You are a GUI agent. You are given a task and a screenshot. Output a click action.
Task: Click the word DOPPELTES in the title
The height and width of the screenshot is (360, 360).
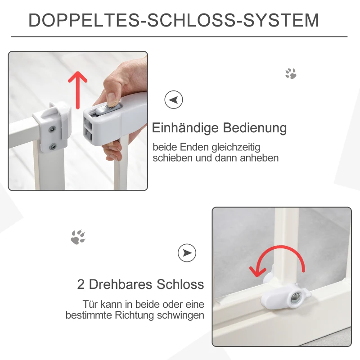[x=84, y=20]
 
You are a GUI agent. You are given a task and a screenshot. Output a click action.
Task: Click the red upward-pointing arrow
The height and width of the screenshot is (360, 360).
[x=77, y=90]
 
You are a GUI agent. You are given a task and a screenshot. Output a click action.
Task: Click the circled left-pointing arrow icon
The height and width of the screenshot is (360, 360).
[x=174, y=99]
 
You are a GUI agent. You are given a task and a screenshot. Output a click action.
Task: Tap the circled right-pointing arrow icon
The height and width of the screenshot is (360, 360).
[x=187, y=253]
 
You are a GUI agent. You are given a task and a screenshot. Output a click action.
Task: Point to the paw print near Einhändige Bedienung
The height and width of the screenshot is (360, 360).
[x=291, y=73]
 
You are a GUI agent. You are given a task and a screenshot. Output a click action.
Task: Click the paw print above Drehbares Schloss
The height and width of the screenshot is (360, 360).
[x=78, y=237]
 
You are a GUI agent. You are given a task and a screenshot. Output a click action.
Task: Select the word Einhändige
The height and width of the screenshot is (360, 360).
[x=185, y=128]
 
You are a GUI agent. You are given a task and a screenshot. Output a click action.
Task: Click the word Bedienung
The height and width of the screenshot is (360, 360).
[x=255, y=128]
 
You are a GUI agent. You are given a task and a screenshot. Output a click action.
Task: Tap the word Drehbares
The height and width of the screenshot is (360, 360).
[x=121, y=284]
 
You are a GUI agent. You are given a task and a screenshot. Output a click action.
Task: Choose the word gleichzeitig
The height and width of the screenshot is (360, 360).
[x=236, y=148]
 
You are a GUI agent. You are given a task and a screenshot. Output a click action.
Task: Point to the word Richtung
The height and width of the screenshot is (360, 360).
[x=134, y=315]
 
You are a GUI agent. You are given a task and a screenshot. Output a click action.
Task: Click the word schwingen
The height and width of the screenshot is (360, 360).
[x=180, y=315]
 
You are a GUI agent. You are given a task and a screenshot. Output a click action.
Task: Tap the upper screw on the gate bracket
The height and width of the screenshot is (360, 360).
[x=53, y=130]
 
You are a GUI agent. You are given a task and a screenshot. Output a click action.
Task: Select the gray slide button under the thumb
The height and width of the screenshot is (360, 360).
[x=108, y=109]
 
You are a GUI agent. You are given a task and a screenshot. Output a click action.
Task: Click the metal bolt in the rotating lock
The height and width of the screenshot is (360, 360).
[x=295, y=298]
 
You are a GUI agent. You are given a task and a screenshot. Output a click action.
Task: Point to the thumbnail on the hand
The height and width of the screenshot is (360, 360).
[x=112, y=99]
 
